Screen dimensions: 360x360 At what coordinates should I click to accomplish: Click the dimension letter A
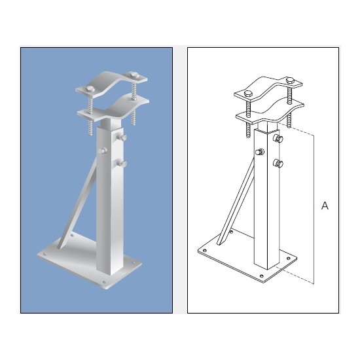(325, 206)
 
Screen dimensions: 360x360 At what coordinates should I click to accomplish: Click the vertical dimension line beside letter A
(315, 209)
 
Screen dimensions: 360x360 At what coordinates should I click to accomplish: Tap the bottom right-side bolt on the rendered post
(122, 162)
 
